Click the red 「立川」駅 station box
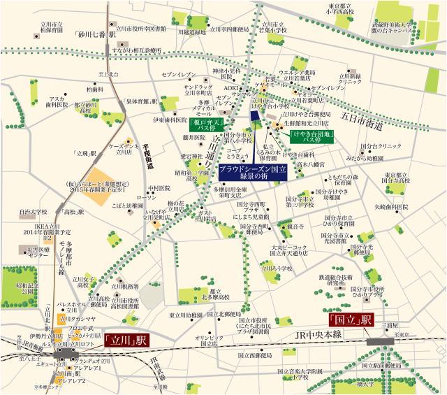click(128, 340)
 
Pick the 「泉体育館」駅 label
click(145, 102)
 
